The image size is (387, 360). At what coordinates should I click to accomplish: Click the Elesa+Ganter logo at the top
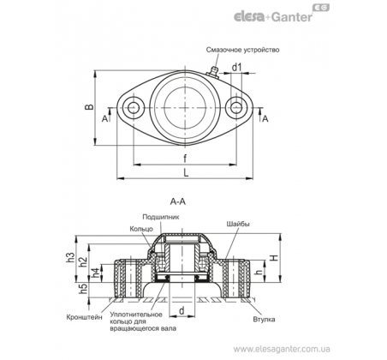coord(282,14)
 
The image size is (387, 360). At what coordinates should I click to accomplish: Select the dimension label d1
coord(236,68)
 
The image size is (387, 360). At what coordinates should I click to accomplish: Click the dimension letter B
coord(90,107)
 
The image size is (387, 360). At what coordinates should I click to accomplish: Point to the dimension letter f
coord(185,158)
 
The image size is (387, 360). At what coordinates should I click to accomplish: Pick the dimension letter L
coord(186,172)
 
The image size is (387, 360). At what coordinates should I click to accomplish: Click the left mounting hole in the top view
coord(133,107)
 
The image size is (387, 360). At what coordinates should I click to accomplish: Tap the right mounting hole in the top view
coord(236,107)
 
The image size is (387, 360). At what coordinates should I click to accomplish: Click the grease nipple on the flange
coord(213,71)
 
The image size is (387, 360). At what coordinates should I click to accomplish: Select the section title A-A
coord(178,201)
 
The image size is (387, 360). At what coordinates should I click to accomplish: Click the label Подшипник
coord(161,217)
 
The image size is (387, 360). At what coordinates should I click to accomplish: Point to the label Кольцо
coord(141,229)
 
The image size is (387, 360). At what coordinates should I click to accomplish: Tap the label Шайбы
coord(238,224)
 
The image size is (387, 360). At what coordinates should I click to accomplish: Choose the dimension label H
coord(274,258)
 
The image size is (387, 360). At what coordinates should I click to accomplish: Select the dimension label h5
coord(83,289)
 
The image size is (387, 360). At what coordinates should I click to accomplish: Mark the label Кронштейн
coord(84,317)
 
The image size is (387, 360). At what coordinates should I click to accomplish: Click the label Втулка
coord(264,319)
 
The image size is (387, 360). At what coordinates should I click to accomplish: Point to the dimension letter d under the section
coord(182,310)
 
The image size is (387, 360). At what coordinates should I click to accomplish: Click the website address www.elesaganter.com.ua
coord(282,349)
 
